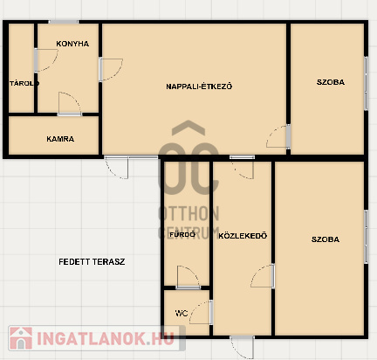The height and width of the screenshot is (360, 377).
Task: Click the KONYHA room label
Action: coord(72,44)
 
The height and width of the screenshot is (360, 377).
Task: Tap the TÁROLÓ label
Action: coord(24,84)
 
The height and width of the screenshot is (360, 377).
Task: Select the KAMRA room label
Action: coord(60,139)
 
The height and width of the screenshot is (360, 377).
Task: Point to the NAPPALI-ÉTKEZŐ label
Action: coord(199,87)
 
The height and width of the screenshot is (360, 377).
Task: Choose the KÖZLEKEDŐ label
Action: coord(243,236)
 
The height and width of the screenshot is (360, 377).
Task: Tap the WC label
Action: coord(182,314)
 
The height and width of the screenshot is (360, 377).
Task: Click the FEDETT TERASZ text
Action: coord(92,262)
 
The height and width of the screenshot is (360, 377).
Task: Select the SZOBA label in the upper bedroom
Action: coord(331,82)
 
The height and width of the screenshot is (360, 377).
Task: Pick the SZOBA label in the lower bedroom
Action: coord(326,239)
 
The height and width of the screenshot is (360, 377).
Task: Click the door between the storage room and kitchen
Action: coord(46,60)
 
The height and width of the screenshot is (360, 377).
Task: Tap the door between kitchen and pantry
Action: coord(70,104)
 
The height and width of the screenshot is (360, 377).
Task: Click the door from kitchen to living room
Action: coord(111,70)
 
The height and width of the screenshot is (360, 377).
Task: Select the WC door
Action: coord(201,312)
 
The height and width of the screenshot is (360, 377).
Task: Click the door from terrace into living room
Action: coord(116,168)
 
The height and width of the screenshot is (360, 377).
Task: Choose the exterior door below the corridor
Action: coord(242,348)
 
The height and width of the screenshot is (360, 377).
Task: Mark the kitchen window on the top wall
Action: coord(63,22)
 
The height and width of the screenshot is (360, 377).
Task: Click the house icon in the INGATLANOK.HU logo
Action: coord(21,338)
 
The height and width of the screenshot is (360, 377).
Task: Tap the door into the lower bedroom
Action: coord(263,276)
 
